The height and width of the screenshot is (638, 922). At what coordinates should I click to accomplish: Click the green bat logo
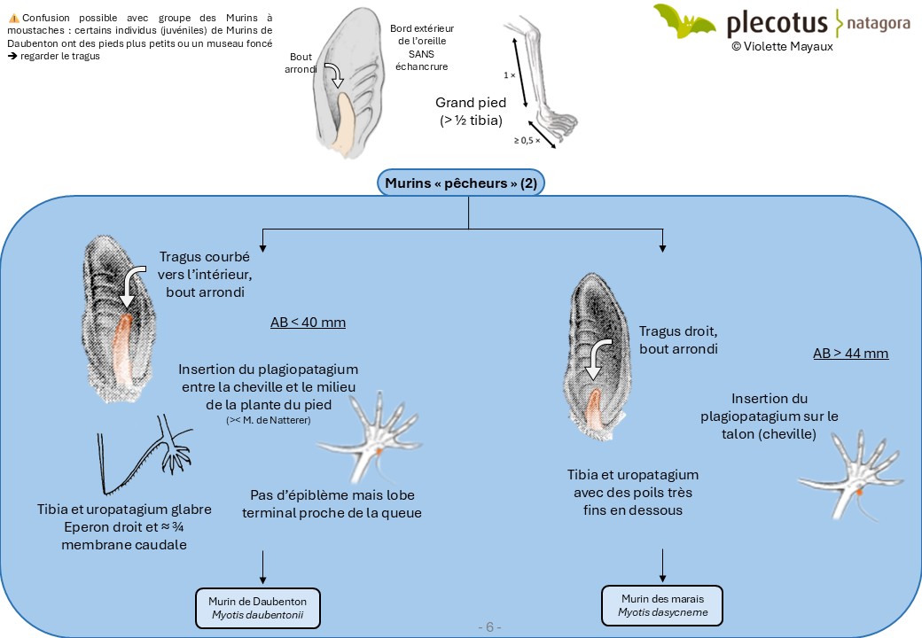(x=684, y=21)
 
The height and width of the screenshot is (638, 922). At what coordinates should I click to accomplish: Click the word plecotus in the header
(x=777, y=24)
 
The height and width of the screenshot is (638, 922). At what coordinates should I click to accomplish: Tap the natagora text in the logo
(x=879, y=24)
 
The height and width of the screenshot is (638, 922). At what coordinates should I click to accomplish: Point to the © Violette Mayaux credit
(x=782, y=46)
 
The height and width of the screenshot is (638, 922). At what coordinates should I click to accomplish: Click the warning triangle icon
(x=14, y=19)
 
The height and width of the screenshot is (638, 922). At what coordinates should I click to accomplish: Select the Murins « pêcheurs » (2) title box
(x=461, y=183)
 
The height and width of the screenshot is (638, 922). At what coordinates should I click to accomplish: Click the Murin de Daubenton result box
(x=258, y=608)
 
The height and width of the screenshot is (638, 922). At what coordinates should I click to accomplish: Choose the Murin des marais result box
(x=662, y=605)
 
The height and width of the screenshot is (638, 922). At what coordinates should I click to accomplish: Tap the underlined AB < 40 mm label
(x=309, y=323)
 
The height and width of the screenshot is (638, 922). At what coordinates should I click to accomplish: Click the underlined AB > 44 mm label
(x=850, y=354)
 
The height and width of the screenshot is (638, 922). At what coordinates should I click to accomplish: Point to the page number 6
(x=489, y=626)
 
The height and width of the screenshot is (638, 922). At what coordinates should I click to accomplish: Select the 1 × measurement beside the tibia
(x=509, y=75)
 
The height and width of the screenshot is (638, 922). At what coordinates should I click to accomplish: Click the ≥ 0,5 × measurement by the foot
(x=527, y=140)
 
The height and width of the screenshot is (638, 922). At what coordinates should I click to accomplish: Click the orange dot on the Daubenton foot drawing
(x=379, y=451)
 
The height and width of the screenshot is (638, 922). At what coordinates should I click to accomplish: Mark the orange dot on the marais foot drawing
(x=859, y=492)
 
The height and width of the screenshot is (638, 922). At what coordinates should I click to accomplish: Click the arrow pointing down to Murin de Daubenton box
(x=262, y=567)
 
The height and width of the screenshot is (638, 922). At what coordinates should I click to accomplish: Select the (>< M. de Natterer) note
(x=268, y=420)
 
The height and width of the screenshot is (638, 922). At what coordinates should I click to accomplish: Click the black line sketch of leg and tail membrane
(x=145, y=455)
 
